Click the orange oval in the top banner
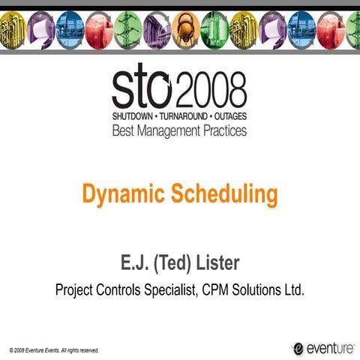[184, 31]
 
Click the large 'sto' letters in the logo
[142, 90]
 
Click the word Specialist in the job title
[170, 290]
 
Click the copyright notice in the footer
[54, 349]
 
